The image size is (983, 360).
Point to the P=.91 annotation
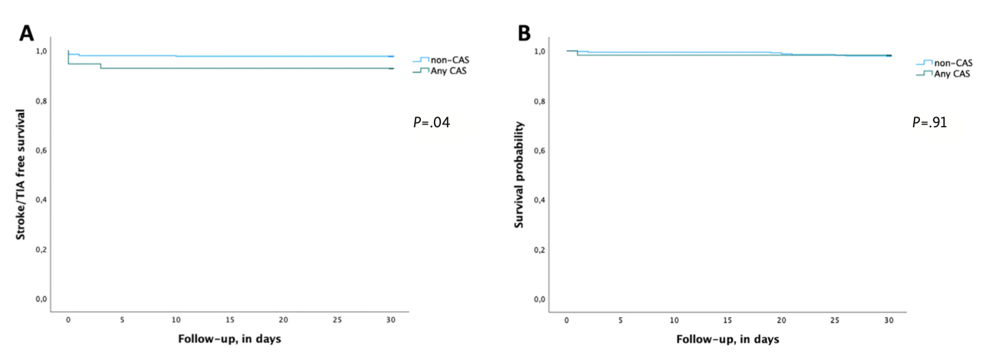tap(930, 123)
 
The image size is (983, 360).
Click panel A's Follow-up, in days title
tap(229, 339)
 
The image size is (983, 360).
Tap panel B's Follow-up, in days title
tap(727, 339)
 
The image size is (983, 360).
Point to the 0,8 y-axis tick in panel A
tap(42, 101)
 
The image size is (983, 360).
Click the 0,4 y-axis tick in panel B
tap(540, 200)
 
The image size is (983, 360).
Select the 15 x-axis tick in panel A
tap(229, 320)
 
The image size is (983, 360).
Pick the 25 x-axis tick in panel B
tap(835, 320)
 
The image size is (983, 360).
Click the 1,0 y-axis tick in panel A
tap(42, 51)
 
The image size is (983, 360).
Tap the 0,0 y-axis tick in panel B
tap(540, 299)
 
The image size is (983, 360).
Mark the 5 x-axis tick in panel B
tap(620, 320)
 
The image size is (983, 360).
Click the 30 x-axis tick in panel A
tap(391, 320)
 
